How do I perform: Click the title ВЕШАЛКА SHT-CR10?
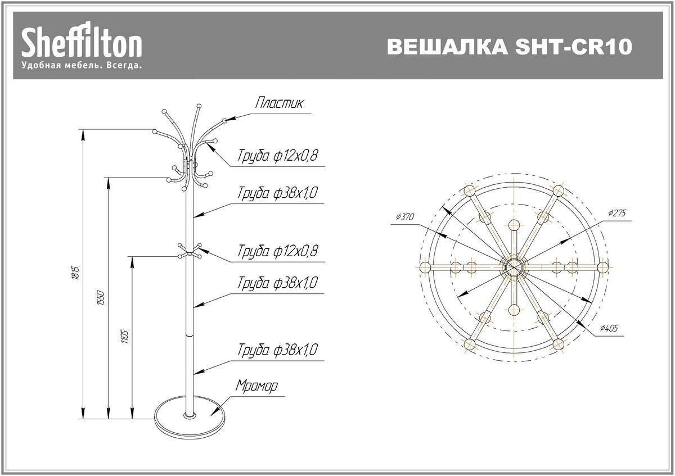[510, 47]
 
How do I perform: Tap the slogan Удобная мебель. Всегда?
[81, 66]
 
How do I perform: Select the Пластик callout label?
[280, 103]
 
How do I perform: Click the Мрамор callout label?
[256, 387]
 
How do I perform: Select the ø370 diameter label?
[404, 217]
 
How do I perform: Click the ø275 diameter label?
[616, 213]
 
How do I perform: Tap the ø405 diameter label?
[609, 329]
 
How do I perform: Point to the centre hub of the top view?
[513, 266]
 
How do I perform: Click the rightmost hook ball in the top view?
[602, 266]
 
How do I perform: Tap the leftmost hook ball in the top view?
[424, 266]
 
